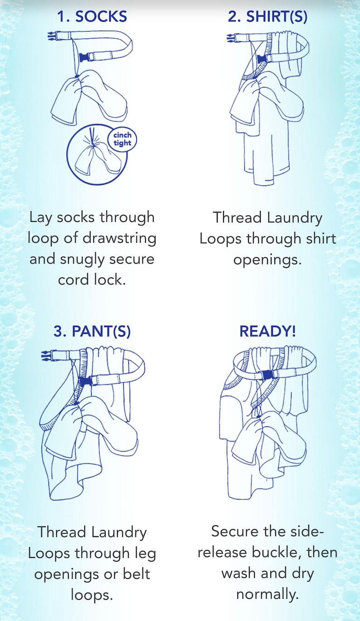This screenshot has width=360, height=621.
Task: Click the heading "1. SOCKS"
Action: pos(92,17)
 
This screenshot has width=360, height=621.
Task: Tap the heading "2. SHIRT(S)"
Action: pos(267,17)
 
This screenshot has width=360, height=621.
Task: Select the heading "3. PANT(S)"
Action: pos(92,331)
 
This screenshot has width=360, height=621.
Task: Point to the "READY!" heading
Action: pos(268,331)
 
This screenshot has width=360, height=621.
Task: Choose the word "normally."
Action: pos(268,594)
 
